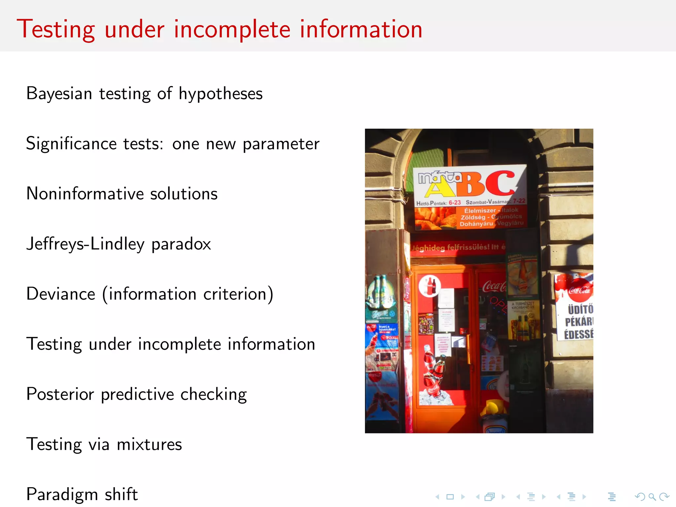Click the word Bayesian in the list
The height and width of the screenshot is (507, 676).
tap(59, 94)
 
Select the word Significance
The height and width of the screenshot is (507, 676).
tap(71, 144)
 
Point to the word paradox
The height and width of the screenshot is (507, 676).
tap(181, 245)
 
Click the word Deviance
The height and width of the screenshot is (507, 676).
tap(61, 294)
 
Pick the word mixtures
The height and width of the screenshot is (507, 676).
tap(149, 444)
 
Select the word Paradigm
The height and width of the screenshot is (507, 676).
tap(62, 495)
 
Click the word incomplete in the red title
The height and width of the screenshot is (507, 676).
tap(232, 30)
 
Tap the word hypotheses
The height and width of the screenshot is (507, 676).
tap(220, 94)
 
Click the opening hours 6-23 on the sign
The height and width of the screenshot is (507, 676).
tap(455, 203)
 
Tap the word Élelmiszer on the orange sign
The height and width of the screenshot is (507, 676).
tap(480, 211)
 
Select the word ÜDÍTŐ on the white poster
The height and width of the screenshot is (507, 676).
tap(580, 309)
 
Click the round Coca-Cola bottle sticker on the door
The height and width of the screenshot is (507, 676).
tap(430, 286)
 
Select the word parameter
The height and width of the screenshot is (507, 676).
tap(281, 144)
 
